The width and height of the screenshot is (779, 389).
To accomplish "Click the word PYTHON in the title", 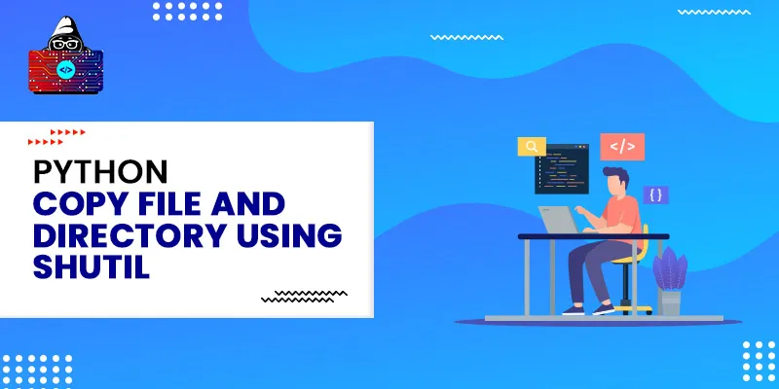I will pos(101,173).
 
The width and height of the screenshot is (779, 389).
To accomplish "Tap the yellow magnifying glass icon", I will pos(532,148).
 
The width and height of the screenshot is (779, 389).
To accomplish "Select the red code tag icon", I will pos(621,147).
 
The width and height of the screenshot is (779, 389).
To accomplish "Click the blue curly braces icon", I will pos(655,194).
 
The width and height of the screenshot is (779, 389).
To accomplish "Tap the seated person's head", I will pos(615,180).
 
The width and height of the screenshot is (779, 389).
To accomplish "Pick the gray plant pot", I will pos(670,302).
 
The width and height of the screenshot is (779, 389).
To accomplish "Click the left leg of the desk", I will pos(527,277).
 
